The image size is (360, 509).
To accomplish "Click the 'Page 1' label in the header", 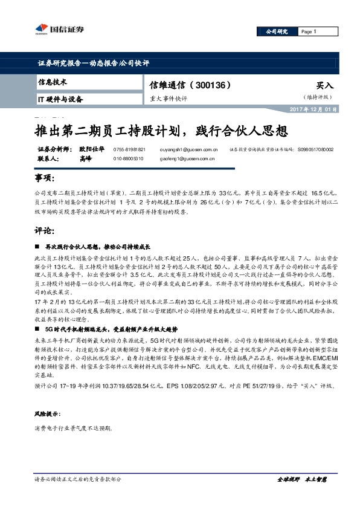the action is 308,32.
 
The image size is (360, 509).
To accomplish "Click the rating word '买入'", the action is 325,86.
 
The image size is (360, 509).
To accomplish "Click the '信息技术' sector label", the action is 53,82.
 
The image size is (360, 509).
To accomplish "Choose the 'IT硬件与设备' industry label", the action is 60,99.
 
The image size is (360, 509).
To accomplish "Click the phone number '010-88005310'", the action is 128,158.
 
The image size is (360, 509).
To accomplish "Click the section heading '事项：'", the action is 44,180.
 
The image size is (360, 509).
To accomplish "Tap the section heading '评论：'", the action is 44,231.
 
